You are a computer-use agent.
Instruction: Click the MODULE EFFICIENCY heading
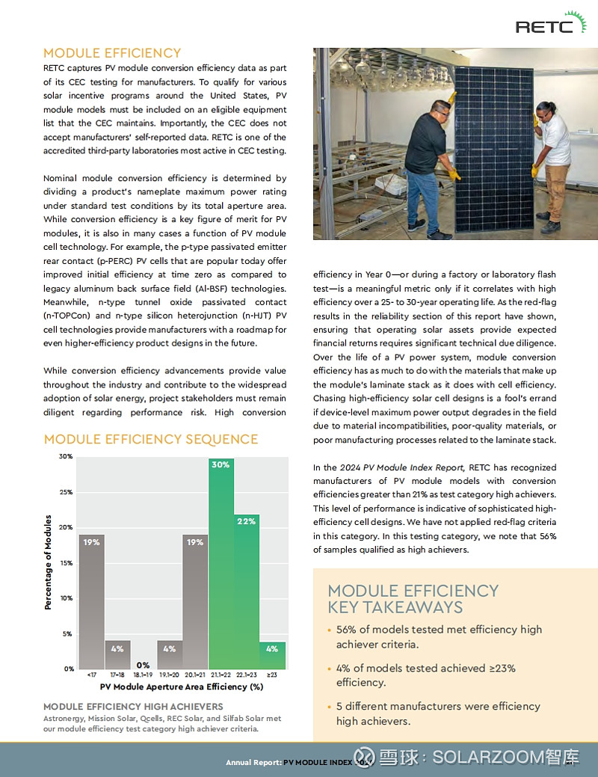112,53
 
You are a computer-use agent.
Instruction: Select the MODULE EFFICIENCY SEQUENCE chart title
150,439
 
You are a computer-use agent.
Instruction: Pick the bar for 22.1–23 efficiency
247,592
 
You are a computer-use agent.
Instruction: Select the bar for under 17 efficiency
92,601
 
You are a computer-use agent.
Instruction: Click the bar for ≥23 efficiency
272,655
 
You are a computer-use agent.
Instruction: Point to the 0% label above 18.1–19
143,665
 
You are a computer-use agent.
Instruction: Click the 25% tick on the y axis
66,492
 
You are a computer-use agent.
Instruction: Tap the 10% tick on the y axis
66,598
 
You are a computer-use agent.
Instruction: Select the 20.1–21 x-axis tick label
195,675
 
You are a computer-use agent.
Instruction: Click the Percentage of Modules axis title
48,562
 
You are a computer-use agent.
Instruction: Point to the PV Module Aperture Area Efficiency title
182,687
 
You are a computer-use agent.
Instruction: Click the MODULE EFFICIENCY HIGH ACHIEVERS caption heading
133,707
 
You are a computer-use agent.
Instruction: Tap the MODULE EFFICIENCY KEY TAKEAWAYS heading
413,599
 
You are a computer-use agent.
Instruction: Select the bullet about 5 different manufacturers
438,713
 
